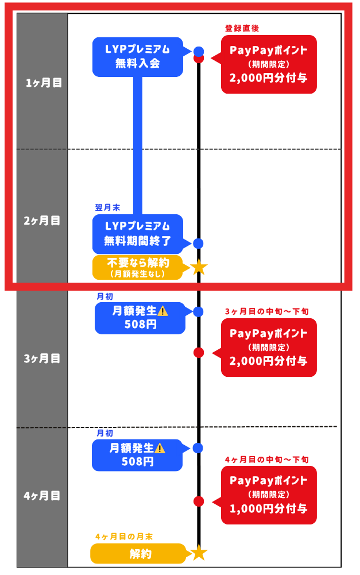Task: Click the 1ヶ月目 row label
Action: [x=44, y=83]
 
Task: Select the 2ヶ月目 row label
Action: [x=44, y=221]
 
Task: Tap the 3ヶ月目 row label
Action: [x=42, y=358]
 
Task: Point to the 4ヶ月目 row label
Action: [x=42, y=495]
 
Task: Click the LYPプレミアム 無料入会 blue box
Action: [x=138, y=57]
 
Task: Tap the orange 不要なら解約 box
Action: [x=138, y=267]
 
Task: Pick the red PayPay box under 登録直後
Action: [x=269, y=64]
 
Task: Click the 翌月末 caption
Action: [x=107, y=207]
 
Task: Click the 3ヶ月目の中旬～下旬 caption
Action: [x=267, y=311]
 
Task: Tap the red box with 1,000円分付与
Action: [x=269, y=495]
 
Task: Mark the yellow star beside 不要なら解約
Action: [x=199, y=267]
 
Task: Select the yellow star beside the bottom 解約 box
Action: [x=199, y=553]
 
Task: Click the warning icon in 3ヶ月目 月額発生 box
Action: [x=162, y=311]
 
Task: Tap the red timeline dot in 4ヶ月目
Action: [x=199, y=501]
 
